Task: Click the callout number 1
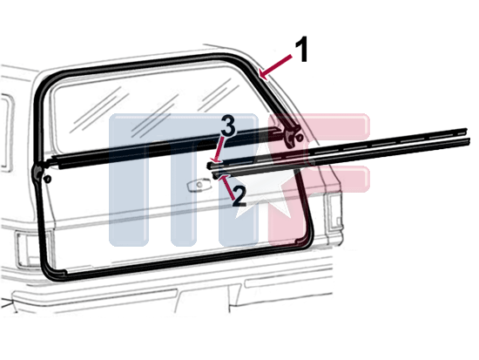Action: pyautogui.click(x=301, y=49)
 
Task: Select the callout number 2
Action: pyautogui.click(x=239, y=196)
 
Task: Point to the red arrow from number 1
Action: pyautogui.click(x=275, y=65)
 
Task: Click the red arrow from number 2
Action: pyautogui.click(x=227, y=186)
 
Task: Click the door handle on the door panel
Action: pyautogui.click(x=199, y=185)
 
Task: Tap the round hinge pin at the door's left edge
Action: pyautogui.click(x=47, y=179)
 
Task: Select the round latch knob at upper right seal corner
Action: pyautogui.click(x=300, y=138)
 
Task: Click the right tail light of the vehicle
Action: pyautogui.click(x=334, y=211)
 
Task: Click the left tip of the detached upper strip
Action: pyautogui.click(x=209, y=166)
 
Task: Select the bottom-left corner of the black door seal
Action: pyautogui.click(x=51, y=275)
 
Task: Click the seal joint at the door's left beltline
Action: pyautogui.click(x=39, y=169)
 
